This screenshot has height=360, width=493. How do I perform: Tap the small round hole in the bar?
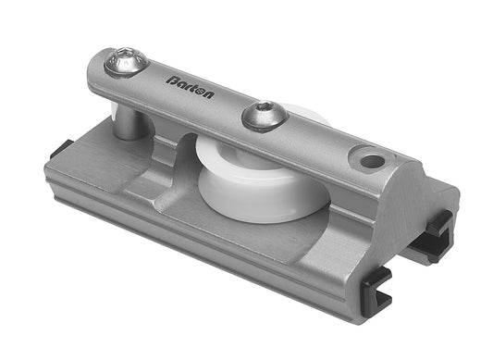click(372, 161)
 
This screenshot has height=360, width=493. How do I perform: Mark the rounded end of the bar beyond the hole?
click(401, 175)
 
